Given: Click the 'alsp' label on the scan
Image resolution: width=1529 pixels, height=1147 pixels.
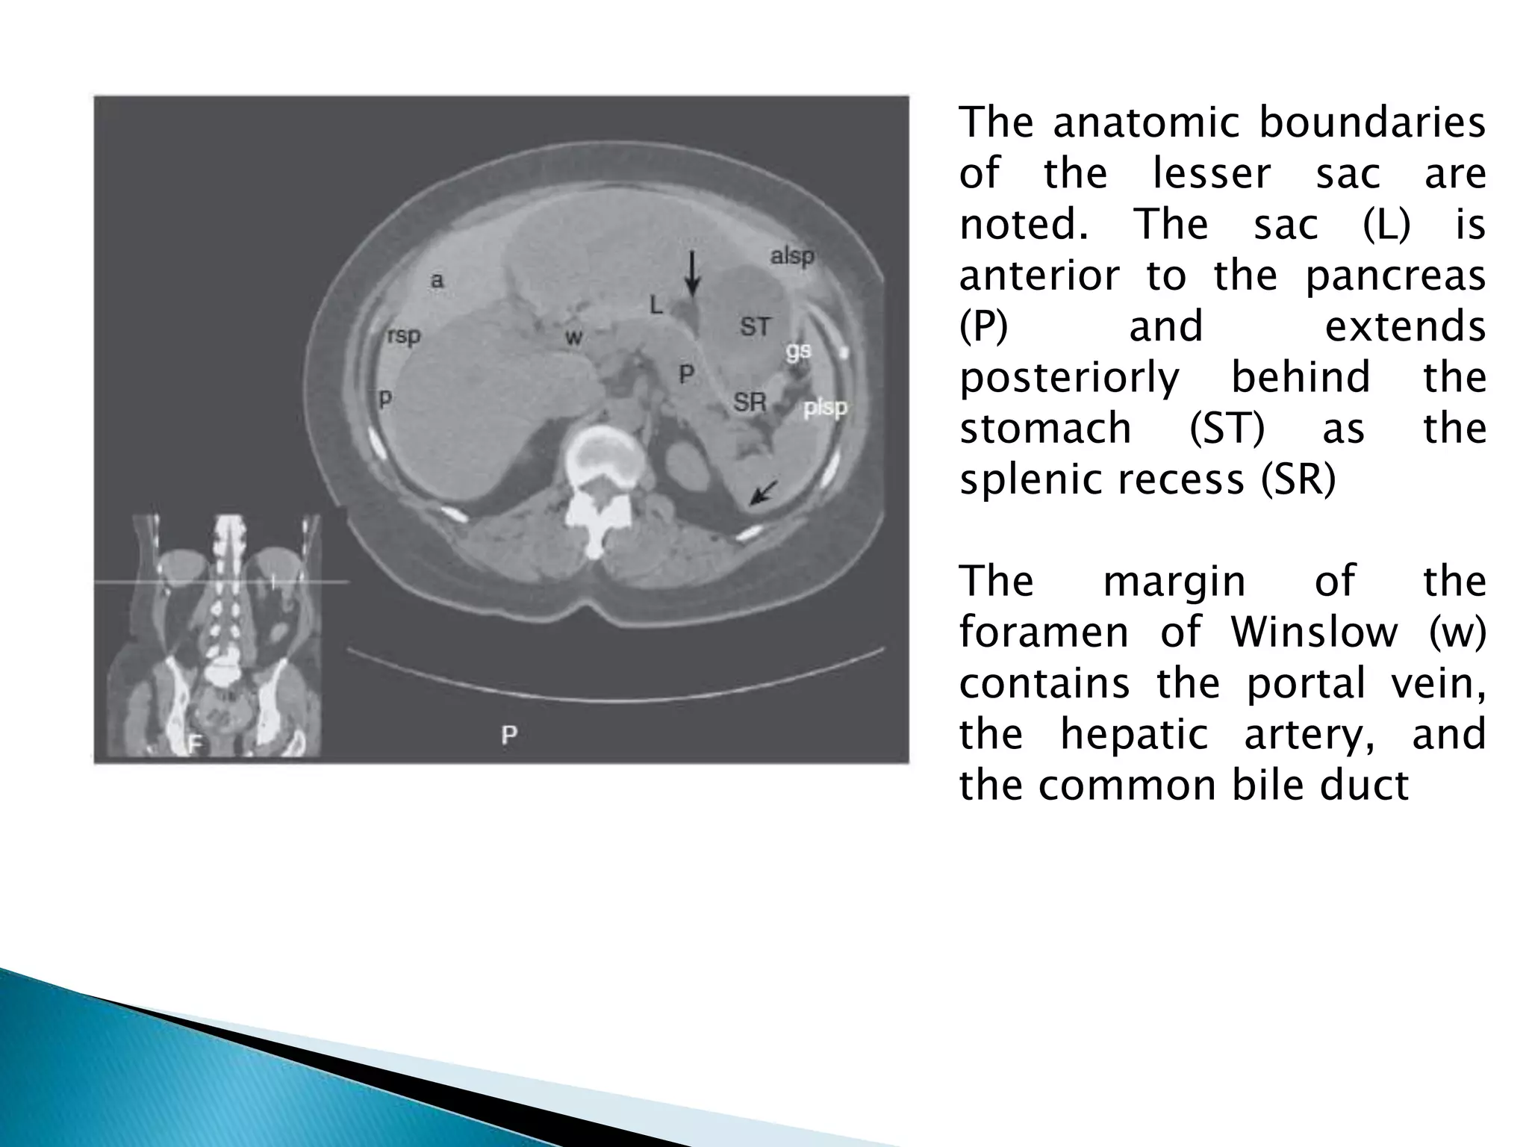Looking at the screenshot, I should (792, 256).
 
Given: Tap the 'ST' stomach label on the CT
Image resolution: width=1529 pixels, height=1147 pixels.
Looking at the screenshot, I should (755, 326).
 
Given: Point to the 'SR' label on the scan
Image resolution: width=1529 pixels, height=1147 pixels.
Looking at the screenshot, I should (750, 402).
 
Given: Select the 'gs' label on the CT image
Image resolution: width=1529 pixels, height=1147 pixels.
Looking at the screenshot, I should (798, 350).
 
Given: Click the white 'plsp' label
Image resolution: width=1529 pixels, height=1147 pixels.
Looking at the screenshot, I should (825, 408).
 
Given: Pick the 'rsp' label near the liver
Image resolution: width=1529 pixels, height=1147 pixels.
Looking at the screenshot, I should (404, 336).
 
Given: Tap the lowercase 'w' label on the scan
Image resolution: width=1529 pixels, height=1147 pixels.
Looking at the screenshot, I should (573, 338).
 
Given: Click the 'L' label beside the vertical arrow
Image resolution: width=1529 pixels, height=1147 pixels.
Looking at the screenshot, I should (655, 304).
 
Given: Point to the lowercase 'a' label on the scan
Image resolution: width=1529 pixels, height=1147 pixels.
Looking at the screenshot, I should (437, 280).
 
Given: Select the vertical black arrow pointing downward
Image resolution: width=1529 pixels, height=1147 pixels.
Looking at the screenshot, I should (693, 273).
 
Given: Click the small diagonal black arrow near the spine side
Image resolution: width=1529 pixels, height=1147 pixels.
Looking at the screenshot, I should (763, 493).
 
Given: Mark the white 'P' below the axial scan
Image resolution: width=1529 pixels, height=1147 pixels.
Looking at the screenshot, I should (509, 735).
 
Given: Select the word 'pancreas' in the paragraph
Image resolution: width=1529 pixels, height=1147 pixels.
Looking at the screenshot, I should (1395, 276).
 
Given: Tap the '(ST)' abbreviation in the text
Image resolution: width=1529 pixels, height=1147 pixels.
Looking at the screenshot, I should (1227, 428).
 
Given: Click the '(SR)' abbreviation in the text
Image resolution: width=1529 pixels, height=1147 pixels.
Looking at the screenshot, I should (1298, 479).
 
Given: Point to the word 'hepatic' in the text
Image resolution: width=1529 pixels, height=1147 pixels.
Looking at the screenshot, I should (1134, 733).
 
